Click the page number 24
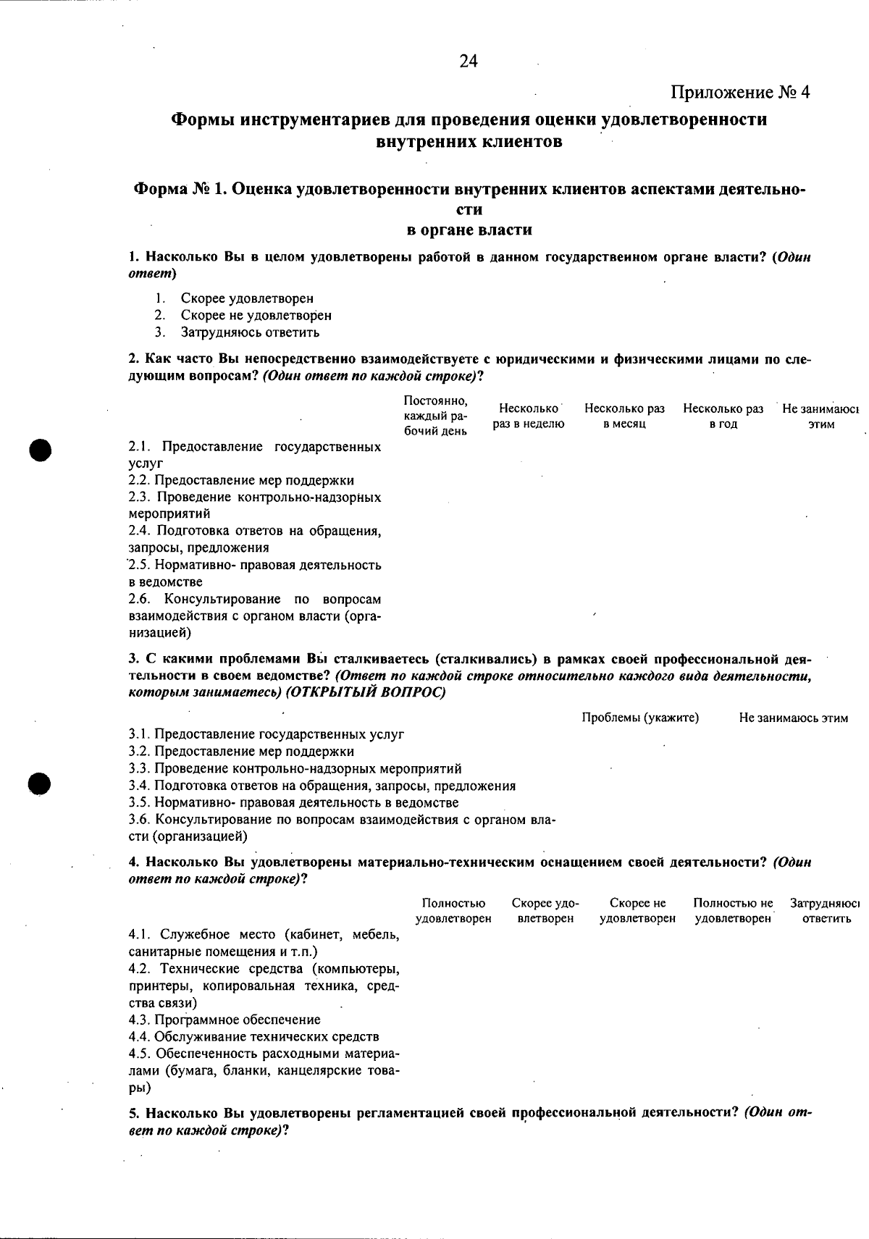point(469,62)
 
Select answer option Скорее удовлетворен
point(246,298)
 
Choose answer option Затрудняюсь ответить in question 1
point(249,332)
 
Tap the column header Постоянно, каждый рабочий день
point(435,416)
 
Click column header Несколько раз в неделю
point(529,416)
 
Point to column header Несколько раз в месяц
point(624,416)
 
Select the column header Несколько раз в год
point(723,416)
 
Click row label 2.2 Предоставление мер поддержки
point(241,480)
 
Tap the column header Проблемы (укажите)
point(640,718)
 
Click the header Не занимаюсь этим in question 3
point(793,718)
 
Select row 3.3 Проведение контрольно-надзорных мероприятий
point(295,768)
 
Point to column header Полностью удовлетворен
point(453,911)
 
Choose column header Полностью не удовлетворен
point(733,911)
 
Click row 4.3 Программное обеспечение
point(224,1020)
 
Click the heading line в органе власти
point(469,230)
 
